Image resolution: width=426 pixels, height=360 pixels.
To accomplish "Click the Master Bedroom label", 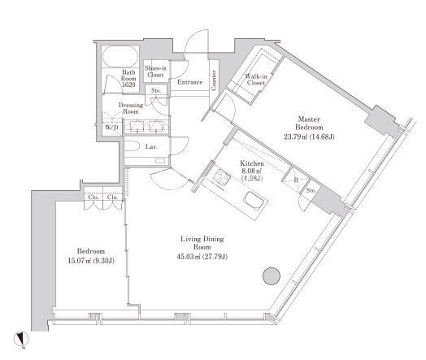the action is [x=309, y=123].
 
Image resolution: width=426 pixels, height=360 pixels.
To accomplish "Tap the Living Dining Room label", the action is [x=202, y=243].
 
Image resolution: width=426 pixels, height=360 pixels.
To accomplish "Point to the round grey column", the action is [x=272, y=276].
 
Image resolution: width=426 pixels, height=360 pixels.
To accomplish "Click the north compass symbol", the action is [x=21, y=339].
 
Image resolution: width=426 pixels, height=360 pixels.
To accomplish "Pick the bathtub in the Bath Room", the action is [x=120, y=57].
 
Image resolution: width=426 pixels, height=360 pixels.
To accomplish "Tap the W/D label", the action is [x=111, y=127].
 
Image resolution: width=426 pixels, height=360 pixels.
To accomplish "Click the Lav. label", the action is [x=151, y=147].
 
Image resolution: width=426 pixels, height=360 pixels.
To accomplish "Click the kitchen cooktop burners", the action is [x=222, y=176].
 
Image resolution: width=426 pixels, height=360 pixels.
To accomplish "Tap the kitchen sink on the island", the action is [x=254, y=202].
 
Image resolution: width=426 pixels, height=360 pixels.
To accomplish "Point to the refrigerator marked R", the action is [x=295, y=180].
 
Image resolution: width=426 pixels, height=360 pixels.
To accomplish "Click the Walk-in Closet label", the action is [x=256, y=80].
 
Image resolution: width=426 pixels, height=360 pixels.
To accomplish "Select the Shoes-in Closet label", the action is [x=155, y=72].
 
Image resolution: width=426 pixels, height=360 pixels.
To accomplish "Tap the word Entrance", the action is [x=190, y=82].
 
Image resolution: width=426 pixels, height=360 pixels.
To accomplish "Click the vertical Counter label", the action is [x=214, y=80].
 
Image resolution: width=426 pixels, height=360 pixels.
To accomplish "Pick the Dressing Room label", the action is [x=131, y=108].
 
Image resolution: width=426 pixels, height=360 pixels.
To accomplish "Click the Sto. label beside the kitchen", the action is [x=311, y=191].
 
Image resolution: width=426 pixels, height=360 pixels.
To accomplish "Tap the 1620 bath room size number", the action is [x=128, y=85].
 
